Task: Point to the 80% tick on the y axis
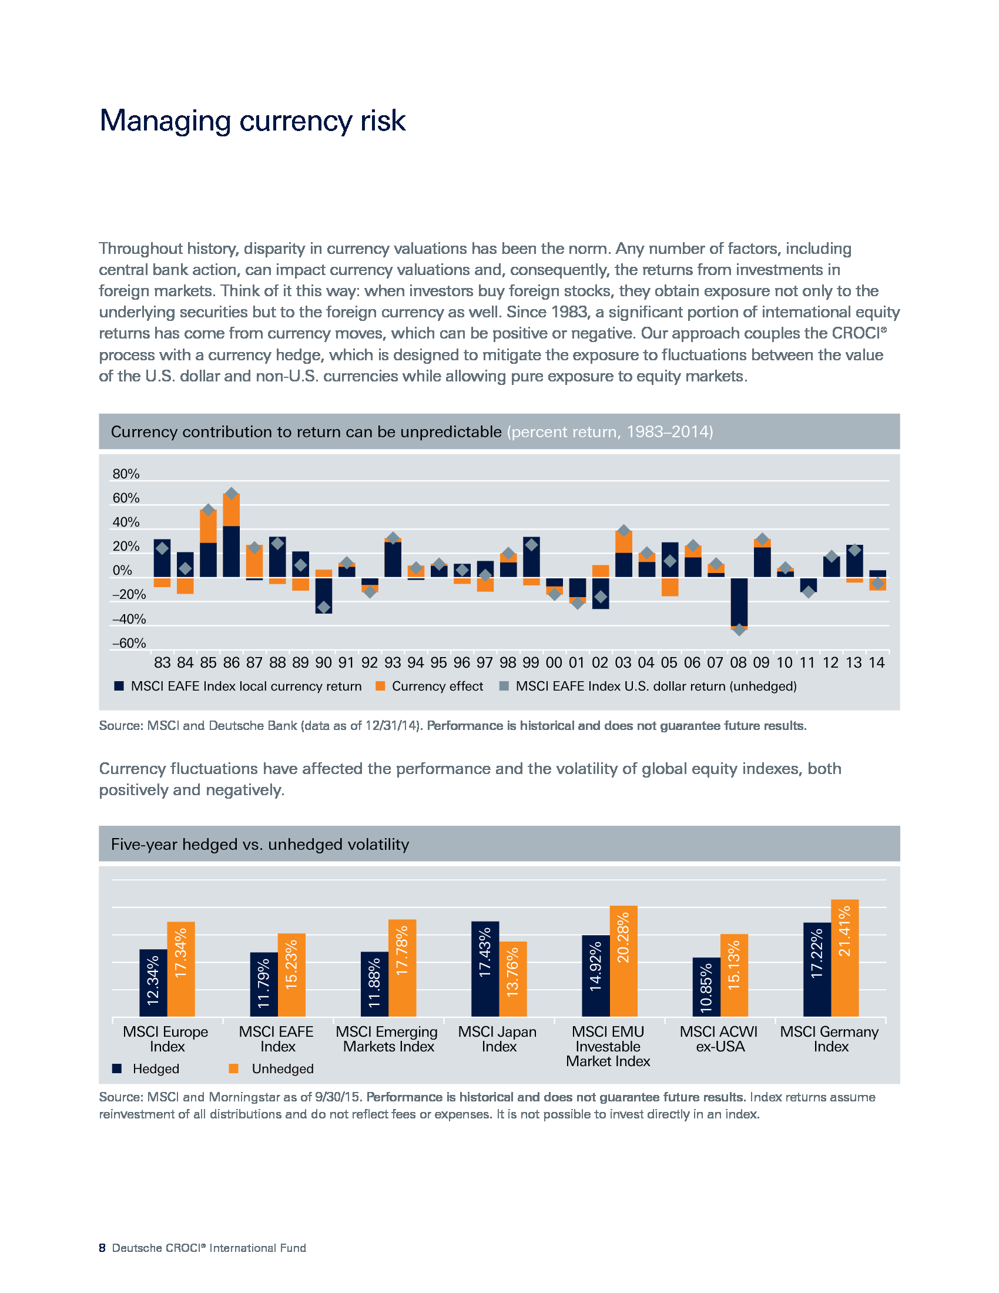(126, 474)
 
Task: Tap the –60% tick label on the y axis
(129, 644)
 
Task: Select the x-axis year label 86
(232, 663)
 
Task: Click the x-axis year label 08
(738, 663)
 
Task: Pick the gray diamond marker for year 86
(232, 494)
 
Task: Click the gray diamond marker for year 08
(739, 630)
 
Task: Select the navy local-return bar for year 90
(324, 595)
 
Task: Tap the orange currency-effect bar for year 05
(670, 587)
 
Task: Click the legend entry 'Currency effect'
(430, 686)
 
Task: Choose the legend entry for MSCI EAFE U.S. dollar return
(648, 686)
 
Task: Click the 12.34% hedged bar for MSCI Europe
(153, 983)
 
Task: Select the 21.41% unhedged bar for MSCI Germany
(844, 958)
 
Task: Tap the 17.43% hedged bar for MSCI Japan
(485, 969)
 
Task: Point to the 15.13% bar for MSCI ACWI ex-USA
(734, 975)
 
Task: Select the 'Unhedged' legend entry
(271, 1068)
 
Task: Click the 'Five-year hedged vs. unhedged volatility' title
(260, 844)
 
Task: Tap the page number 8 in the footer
(102, 1248)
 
